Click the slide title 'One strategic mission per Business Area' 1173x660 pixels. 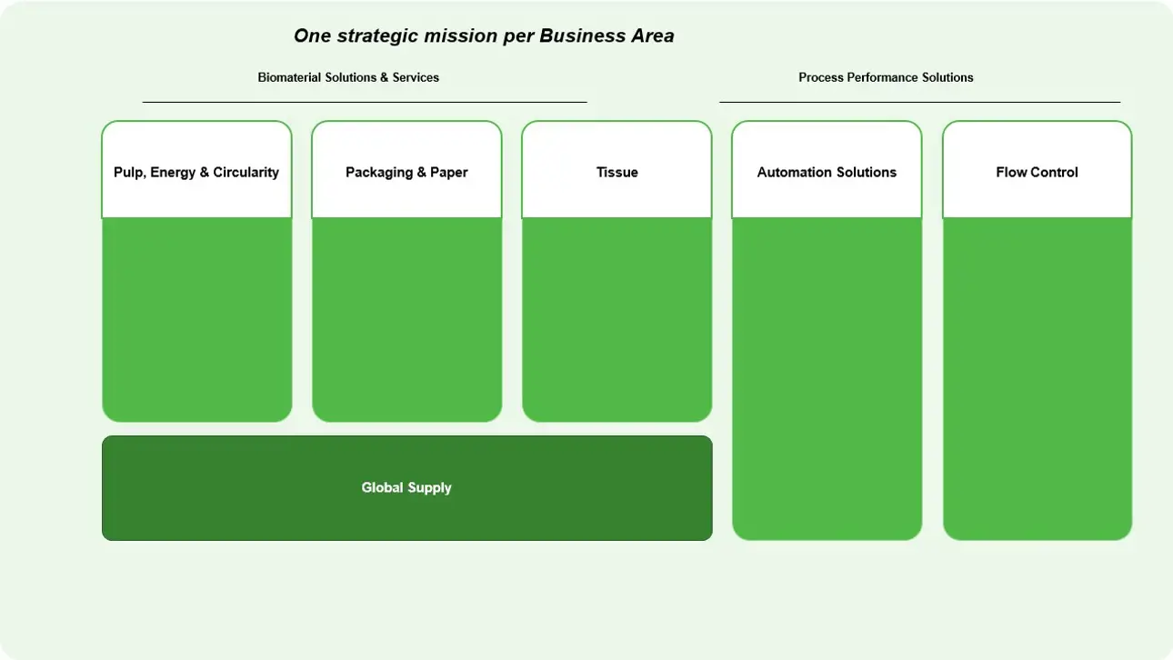[484, 36]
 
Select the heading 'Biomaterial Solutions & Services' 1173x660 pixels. [348, 77]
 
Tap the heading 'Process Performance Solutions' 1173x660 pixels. [886, 77]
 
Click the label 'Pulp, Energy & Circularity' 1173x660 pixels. [196, 173]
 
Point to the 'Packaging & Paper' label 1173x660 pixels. [406, 173]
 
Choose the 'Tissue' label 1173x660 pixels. [617, 172]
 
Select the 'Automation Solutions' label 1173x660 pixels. [827, 172]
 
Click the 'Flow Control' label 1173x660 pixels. [1037, 172]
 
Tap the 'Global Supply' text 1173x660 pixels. [406, 488]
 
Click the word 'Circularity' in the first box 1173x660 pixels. [246, 173]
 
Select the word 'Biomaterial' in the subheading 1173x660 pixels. [289, 77]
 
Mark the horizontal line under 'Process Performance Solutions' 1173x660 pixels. [920, 102]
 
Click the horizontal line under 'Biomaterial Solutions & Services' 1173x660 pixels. [365, 102]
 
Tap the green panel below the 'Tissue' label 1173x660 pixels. [617, 319]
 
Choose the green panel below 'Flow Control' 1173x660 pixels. [1038, 378]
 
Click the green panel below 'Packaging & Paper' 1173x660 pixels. [406, 319]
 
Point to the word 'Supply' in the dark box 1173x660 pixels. [429, 488]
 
